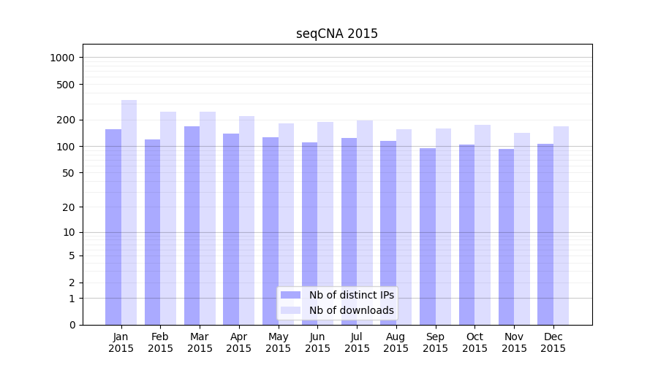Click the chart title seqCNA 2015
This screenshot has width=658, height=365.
point(337,34)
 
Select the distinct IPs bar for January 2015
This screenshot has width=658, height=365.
point(113,226)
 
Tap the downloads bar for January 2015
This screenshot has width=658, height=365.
point(129,212)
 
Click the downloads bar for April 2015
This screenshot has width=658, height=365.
point(246,220)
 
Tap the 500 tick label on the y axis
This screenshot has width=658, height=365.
point(67,85)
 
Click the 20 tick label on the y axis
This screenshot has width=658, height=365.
point(70,207)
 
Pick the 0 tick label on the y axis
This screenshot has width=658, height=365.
point(73,325)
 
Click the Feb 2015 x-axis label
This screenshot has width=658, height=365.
point(160,342)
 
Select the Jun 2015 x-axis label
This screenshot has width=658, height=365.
point(317,342)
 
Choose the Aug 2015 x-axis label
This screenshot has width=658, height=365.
point(396,342)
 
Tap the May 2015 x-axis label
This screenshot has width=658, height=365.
point(278,342)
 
